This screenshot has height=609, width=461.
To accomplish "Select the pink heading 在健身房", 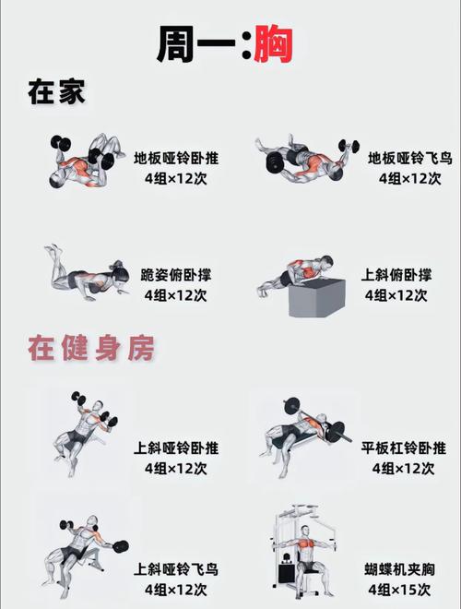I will pos(89,350).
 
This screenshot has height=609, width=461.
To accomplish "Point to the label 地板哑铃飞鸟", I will pos(403,158).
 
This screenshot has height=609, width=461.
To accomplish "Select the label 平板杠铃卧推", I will pos(403,448).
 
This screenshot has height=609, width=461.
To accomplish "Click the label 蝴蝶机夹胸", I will pos(403,569).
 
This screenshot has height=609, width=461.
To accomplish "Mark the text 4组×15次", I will pos(403,590).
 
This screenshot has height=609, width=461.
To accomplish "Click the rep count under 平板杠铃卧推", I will pos(403,469).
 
